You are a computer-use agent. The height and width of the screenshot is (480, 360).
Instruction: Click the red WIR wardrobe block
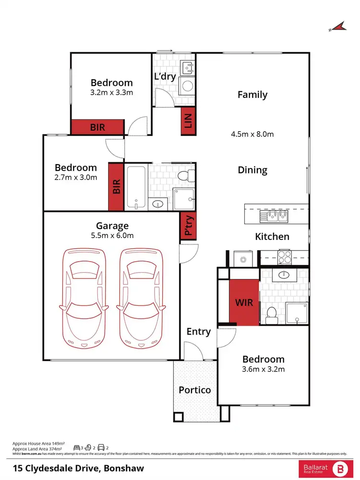(x=244, y=303)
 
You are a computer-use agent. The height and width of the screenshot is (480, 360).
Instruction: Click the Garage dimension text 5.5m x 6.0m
(x=112, y=235)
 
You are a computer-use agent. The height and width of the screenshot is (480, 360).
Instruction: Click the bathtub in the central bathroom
(x=136, y=187)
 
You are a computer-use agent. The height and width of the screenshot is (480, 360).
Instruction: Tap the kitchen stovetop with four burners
(x=285, y=258)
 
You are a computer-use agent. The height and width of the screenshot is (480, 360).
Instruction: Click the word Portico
(x=194, y=390)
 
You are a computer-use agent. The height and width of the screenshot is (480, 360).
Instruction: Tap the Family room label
(x=252, y=95)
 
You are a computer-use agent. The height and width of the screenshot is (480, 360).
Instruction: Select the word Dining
(x=252, y=170)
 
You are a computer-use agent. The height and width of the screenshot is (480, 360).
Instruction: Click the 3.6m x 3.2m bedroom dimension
(x=264, y=369)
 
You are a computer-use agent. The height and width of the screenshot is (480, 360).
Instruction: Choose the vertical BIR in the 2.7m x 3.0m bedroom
(x=116, y=187)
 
